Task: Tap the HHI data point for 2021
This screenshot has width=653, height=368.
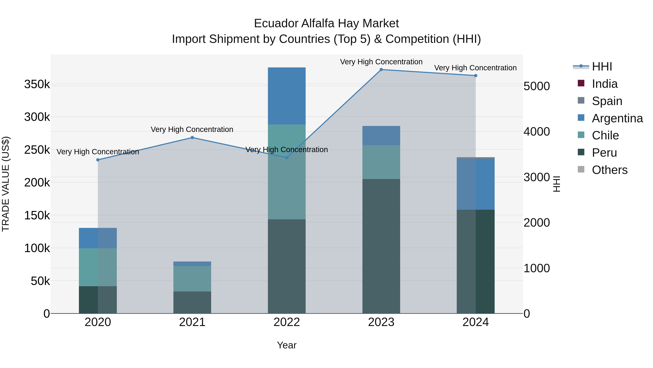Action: click(x=192, y=138)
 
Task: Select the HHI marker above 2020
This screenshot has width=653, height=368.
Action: click(x=98, y=160)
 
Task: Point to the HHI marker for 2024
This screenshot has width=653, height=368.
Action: click(x=476, y=76)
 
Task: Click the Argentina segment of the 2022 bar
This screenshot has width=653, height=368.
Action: click(x=287, y=96)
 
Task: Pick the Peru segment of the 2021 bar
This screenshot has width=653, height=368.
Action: click(x=192, y=302)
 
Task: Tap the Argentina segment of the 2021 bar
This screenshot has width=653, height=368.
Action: click(x=192, y=264)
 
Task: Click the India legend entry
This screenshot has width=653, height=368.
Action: click(x=605, y=84)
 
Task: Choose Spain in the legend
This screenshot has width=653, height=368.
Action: click(x=607, y=101)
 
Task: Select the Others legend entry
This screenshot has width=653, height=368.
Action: click(x=609, y=170)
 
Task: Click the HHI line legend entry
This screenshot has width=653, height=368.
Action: click(x=602, y=67)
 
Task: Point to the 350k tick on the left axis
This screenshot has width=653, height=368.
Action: click(x=37, y=84)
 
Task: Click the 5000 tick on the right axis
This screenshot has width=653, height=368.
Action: click(x=537, y=86)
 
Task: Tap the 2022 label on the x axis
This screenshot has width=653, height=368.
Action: click(x=287, y=322)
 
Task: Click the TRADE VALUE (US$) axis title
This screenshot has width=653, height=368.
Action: click(x=6, y=184)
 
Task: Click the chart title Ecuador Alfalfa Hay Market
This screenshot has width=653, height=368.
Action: click(x=326, y=24)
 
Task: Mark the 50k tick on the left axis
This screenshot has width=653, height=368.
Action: click(x=40, y=281)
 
